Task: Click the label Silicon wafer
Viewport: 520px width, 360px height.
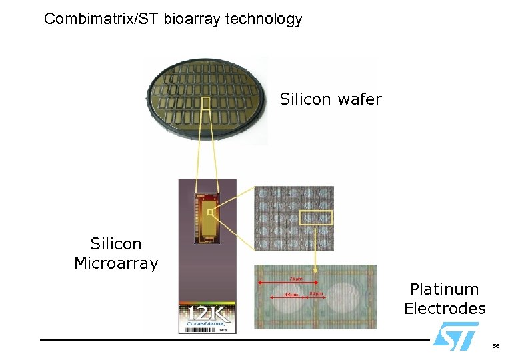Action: [x=331, y=99]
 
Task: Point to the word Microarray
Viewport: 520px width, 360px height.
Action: [x=116, y=263]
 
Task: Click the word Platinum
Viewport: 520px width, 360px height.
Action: [x=444, y=289]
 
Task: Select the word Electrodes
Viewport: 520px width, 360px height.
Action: [x=445, y=309]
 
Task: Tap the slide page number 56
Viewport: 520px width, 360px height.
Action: [x=495, y=346]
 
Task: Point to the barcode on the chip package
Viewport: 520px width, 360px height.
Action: [x=199, y=329]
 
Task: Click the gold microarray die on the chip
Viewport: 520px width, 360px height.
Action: [x=207, y=217]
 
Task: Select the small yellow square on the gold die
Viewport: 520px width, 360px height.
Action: [x=210, y=213]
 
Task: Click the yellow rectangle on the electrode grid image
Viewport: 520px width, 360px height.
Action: [x=316, y=218]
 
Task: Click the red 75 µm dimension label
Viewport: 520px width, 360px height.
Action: [x=295, y=279]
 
